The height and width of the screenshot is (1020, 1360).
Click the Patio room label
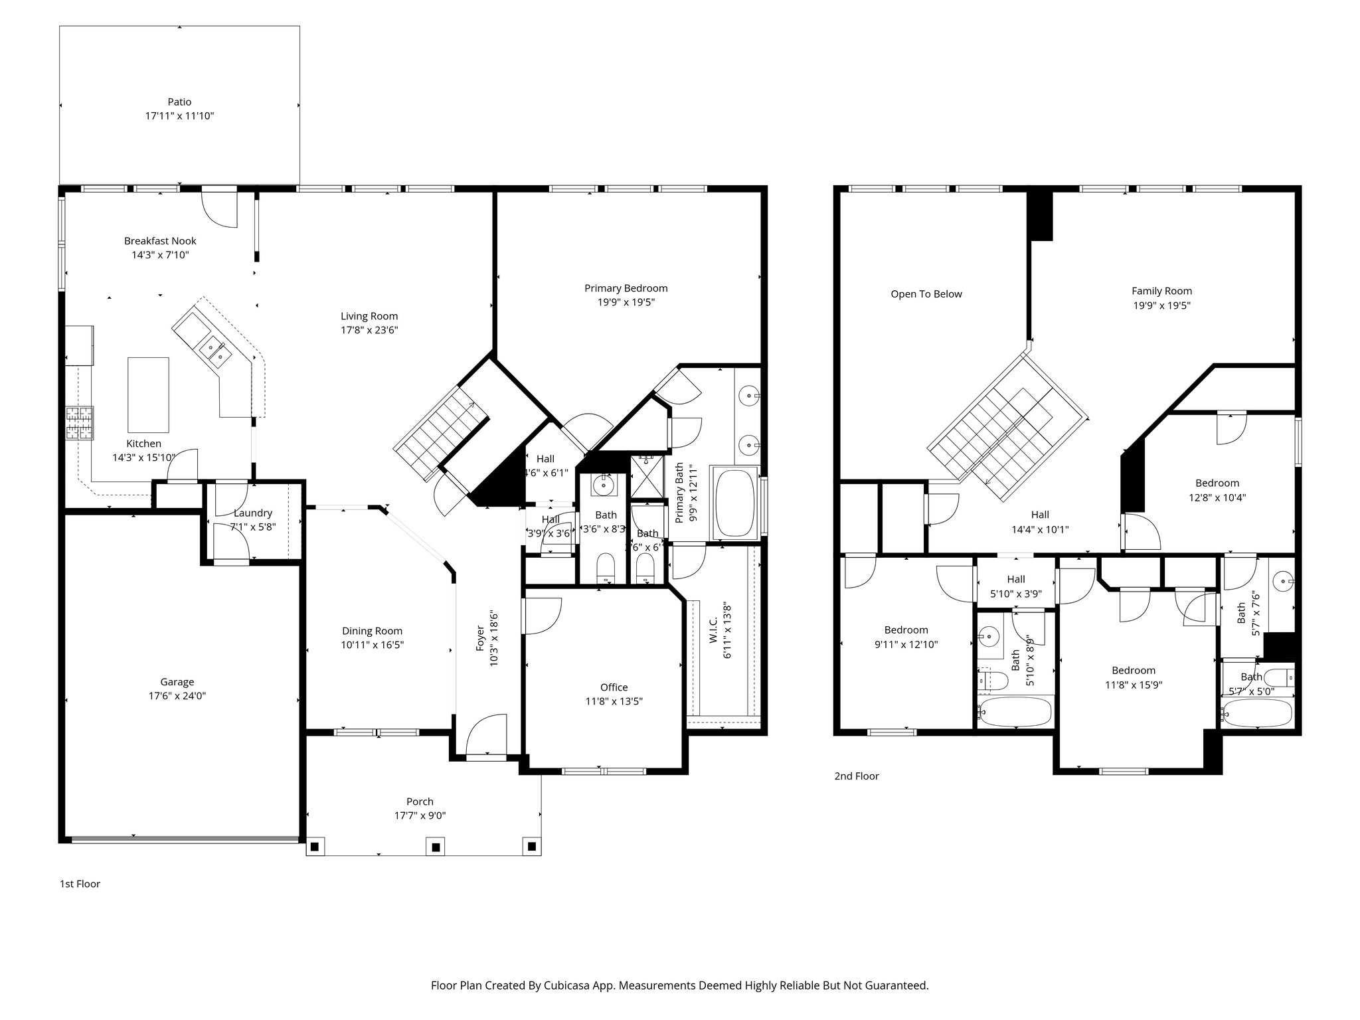(x=179, y=102)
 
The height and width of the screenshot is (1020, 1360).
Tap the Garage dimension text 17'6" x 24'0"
(x=177, y=696)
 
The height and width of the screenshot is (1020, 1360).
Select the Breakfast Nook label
(x=160, y=241)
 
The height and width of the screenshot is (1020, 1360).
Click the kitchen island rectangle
(x=148, y=394)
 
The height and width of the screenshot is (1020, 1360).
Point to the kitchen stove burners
(x=80, y=423)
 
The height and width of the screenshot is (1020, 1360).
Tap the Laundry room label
(x=252, y=513)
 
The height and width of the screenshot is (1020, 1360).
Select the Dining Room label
(x=372, y=631)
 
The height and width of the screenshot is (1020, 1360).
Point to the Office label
(x=614, y=687)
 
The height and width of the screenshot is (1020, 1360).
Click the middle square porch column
(x=436, y=847)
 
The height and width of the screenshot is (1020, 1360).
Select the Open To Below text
(x=926, y=294)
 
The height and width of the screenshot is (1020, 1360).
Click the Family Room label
(x=1161, y=291)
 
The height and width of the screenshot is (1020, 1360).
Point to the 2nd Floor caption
(x=856, y=776)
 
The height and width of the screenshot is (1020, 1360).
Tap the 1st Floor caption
(x=80, y=884)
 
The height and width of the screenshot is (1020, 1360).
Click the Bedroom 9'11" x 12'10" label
(x=906, y=630)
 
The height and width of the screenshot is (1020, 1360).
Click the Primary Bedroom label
(x=626, y=288)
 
